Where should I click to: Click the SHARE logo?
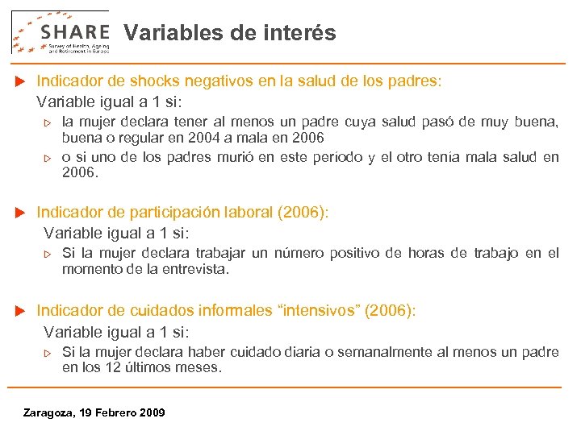(61, 32)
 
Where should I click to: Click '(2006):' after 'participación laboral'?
(303, 213)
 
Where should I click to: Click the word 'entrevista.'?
(196, 269)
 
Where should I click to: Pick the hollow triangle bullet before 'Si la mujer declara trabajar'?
(47, 254)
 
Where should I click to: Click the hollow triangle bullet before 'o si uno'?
(47, 158)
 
